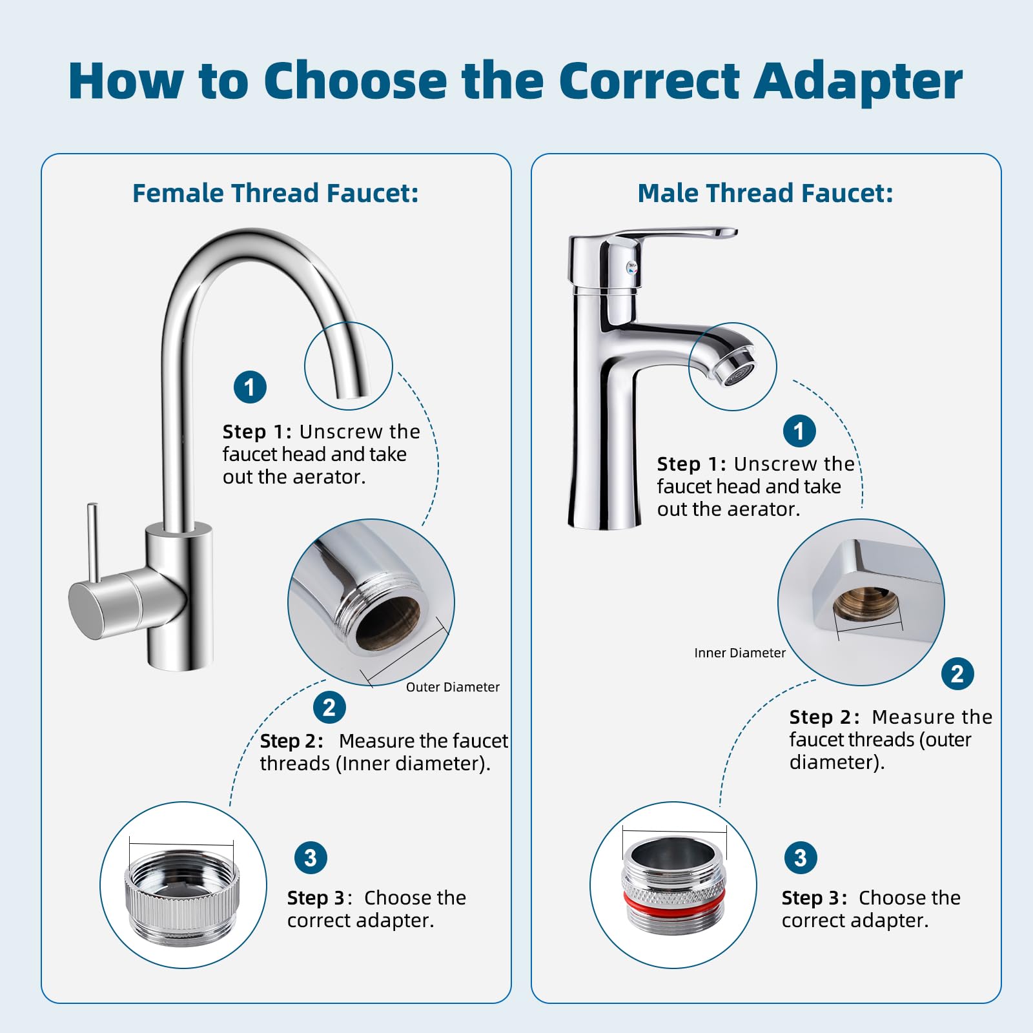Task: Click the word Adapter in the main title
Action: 859,82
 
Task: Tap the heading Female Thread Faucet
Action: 276,193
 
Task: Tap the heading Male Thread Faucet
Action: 765,193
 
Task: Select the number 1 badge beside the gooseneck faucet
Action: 250,387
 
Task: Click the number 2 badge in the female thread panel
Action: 329,708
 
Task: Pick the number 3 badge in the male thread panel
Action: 801,858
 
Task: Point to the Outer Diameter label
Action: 453,687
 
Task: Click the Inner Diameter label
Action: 740,653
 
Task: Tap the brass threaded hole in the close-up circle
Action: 866,602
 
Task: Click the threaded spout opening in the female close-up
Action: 388,622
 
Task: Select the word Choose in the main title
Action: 354,82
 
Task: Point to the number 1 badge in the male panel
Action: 799,431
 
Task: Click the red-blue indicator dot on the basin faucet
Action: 632,267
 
